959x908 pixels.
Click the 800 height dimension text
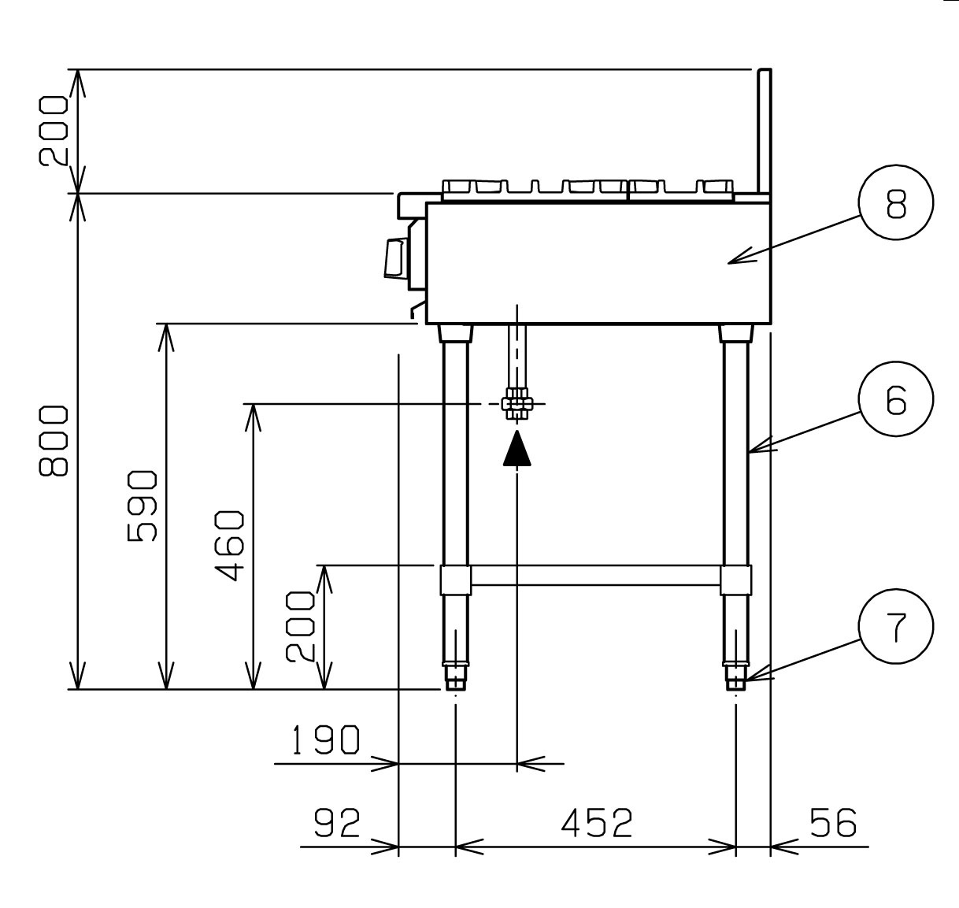(54, 440)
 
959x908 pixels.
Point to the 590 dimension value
(142, 506)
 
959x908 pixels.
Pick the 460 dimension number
(229, 546)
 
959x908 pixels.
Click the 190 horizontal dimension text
(325, 739)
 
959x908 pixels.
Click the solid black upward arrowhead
(517, 448)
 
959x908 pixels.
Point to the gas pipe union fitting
(517, 403)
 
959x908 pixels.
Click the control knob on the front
(396, 258)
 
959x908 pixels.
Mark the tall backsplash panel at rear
(765, 132)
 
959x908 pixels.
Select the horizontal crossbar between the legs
(595, 575)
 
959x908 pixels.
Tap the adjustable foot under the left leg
(455, 678)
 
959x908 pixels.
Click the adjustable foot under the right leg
(735, 678)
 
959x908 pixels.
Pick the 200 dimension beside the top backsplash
(54, 132)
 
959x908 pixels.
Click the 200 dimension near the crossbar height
(300, 627)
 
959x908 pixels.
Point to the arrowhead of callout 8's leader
(728, 264)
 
